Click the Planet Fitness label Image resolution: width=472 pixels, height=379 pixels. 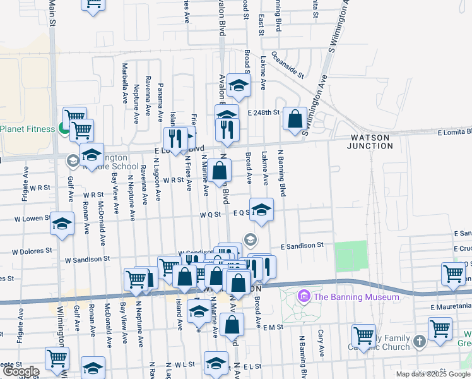tap(28, 129)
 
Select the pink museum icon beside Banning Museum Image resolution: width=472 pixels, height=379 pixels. tap(305, 296)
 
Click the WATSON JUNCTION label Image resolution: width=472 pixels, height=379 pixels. tap(370, 141)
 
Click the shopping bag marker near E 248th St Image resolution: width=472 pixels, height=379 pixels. tap(295, 118)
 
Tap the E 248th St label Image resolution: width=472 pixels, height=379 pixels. tap(263, 112)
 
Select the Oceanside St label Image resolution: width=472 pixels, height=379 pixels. tap(288, 66)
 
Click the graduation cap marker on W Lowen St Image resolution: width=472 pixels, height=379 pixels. tap(62, 224)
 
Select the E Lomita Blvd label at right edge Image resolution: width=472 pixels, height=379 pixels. tap(454, 132)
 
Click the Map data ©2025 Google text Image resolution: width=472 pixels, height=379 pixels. tap(433, 374)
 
